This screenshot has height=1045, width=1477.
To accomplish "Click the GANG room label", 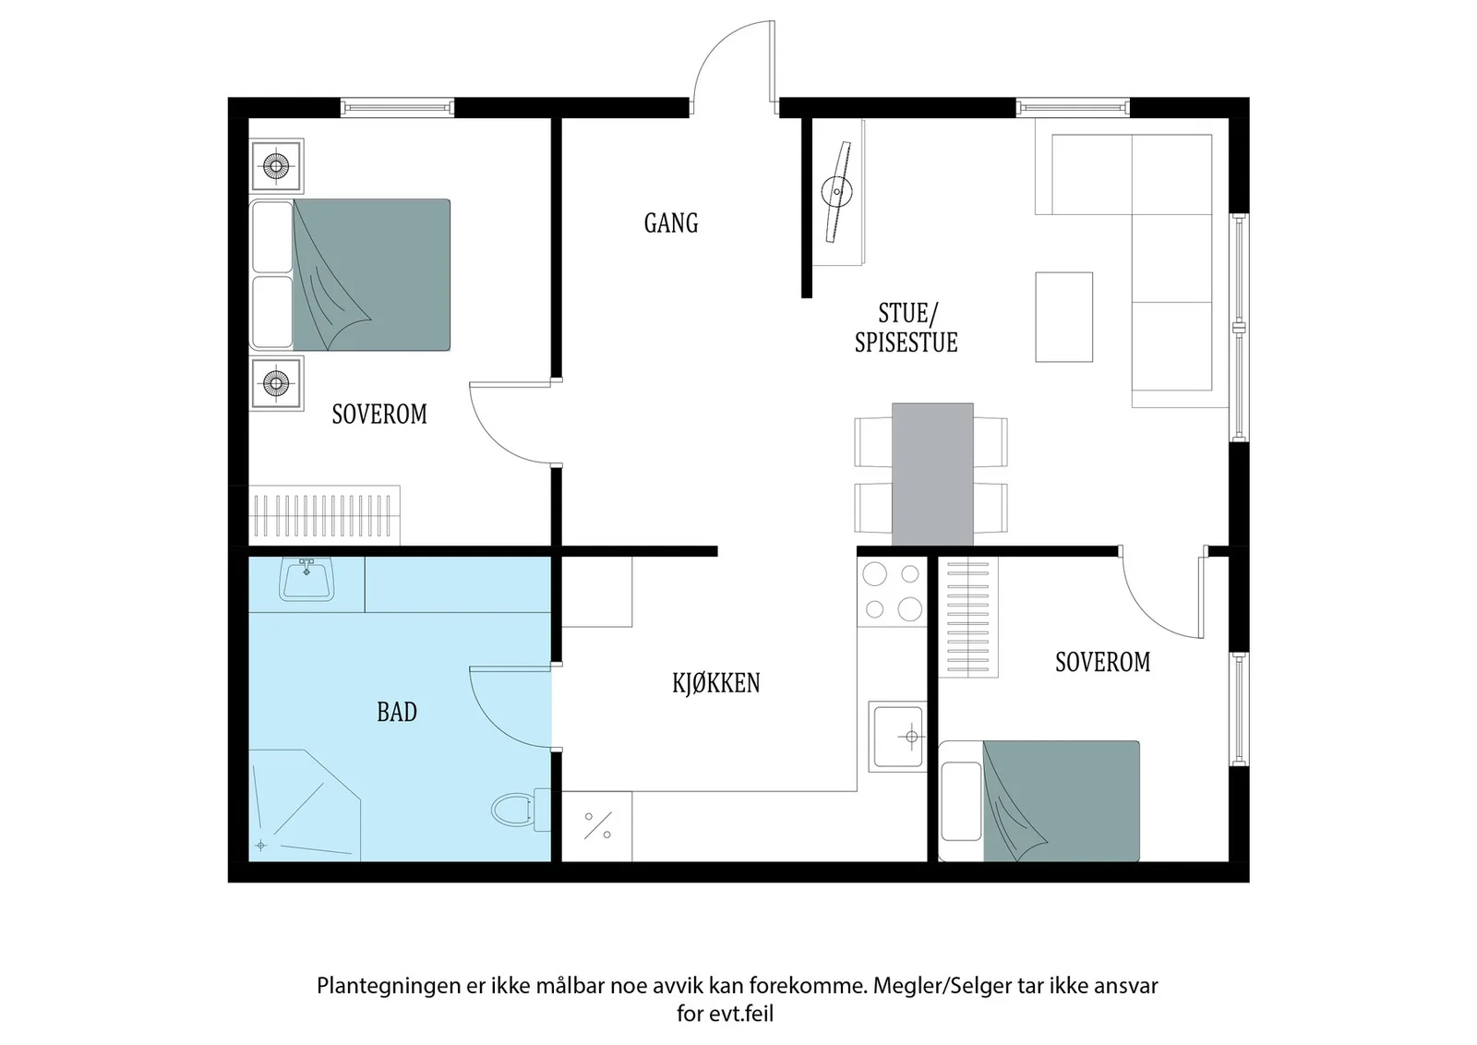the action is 670,223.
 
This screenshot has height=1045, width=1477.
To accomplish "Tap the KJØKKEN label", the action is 716,683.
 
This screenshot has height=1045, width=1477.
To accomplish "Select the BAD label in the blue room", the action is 397,712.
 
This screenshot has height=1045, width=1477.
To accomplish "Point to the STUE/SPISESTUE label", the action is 906,329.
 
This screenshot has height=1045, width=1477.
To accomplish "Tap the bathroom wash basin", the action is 306,579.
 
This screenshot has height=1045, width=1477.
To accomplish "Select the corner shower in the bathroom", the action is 305,805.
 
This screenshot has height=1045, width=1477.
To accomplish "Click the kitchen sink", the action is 897,736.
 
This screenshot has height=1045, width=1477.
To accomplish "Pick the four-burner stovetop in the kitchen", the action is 892,592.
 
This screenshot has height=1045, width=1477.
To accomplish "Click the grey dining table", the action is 932,474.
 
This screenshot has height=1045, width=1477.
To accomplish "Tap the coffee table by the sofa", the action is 1063,317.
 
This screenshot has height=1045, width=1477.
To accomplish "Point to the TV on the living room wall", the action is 836,192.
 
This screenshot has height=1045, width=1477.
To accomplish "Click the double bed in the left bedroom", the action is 350,274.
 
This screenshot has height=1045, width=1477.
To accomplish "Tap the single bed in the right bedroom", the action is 1039,801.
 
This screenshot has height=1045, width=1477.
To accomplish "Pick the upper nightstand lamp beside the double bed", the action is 276,165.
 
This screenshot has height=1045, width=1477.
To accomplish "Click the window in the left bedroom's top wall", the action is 398,107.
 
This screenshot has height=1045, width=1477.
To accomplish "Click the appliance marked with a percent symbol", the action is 597,826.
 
